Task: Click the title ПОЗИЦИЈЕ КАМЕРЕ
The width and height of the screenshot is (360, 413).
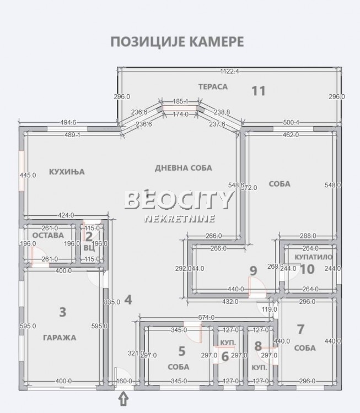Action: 176,42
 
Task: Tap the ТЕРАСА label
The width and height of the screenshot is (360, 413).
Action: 213,87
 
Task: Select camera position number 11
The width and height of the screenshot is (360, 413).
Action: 259,91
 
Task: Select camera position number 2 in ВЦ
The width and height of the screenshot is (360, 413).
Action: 89,236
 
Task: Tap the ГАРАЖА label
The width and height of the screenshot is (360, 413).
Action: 62,338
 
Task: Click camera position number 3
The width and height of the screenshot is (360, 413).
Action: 62,312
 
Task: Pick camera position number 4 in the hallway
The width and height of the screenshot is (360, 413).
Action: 128,300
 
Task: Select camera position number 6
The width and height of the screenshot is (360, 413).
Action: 224,356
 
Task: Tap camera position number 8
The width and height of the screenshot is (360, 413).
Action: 258,346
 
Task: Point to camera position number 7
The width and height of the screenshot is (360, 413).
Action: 300,329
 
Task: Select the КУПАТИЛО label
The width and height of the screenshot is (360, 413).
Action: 313,257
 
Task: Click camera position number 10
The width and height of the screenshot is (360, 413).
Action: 307,269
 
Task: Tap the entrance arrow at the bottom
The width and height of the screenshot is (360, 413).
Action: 123,398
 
